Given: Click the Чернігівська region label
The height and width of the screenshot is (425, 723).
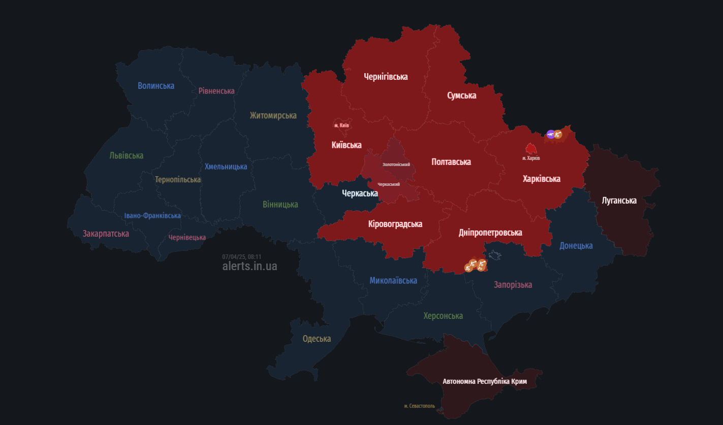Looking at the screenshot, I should [x=386, y=77].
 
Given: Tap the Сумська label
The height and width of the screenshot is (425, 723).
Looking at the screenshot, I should [x=461, y=95].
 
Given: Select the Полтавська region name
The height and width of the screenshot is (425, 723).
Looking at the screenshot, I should [x=451, y=162].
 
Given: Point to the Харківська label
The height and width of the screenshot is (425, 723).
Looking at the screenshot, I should [x=541, y=179].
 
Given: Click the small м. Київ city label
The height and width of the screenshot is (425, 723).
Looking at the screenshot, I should [x=341, y=125].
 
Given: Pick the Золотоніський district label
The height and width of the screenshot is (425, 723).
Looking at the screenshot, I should [x=396, y=165].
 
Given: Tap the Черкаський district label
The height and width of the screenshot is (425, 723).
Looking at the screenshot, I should [x=388, y=184].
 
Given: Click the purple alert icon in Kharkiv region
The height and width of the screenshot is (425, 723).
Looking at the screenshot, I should [x=550, y=134].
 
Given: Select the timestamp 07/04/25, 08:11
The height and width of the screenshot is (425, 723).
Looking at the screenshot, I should [x=241, y=257].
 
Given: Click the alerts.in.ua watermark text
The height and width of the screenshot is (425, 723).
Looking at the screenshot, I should [x=249, y=266].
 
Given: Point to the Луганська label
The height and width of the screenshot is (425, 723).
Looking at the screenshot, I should [x=619, y=201].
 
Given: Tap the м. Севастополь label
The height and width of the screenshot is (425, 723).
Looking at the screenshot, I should [x=419, y=406].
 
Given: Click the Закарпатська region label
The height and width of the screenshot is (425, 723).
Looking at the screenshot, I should [x=106, y=234].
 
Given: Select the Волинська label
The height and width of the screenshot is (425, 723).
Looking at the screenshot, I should [x=156, y=86].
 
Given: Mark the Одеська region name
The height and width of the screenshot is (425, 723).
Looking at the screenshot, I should [x=317, y=339].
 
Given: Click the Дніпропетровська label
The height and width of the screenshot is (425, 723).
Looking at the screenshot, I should [x=490, y=233].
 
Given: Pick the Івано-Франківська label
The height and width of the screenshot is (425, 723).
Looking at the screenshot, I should [x=152, y=216].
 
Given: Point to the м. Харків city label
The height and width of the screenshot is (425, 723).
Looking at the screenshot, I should [x=531, y=158].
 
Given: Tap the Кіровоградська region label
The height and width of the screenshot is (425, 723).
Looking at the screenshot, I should [x=395, y=224].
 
